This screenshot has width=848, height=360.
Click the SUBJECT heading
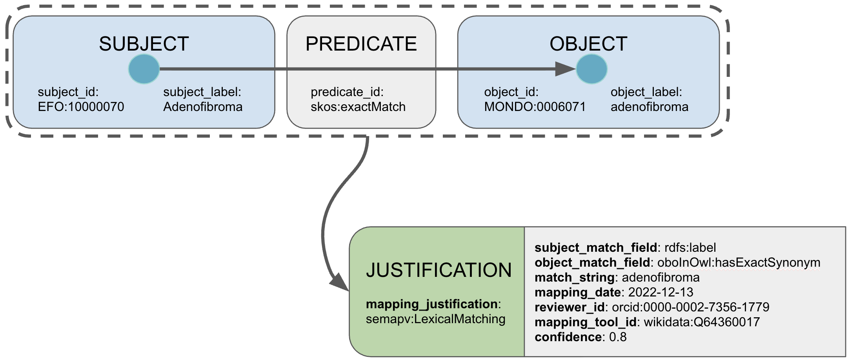coord(144,44)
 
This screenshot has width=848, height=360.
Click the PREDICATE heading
coord(361,44)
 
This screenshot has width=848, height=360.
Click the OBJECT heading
coord(588,44)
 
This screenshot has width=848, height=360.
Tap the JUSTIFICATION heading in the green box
coord(439,270)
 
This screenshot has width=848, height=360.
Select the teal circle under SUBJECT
coord(144,69)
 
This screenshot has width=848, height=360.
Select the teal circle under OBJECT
coord(591,69)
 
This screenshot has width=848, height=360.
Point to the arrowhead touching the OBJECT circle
coord(565,69)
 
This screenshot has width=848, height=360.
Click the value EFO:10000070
coord(81,107)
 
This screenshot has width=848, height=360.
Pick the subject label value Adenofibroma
coord(203,107)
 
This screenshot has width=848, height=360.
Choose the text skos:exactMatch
coord(358,107)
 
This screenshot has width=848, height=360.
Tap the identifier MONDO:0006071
coord(535,107)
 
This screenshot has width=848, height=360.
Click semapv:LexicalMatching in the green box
coord(435,319)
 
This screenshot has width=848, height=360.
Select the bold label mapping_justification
coord(432,304)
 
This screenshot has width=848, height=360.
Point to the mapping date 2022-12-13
coord(661,292)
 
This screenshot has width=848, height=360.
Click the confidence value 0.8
coord(617,337)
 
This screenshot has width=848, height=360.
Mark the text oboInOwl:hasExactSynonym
coord(739,262)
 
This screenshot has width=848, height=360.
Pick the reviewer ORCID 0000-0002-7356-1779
coord(690,307)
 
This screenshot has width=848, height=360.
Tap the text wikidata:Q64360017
coord(702,322)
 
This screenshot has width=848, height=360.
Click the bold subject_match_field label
coord(595,247)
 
